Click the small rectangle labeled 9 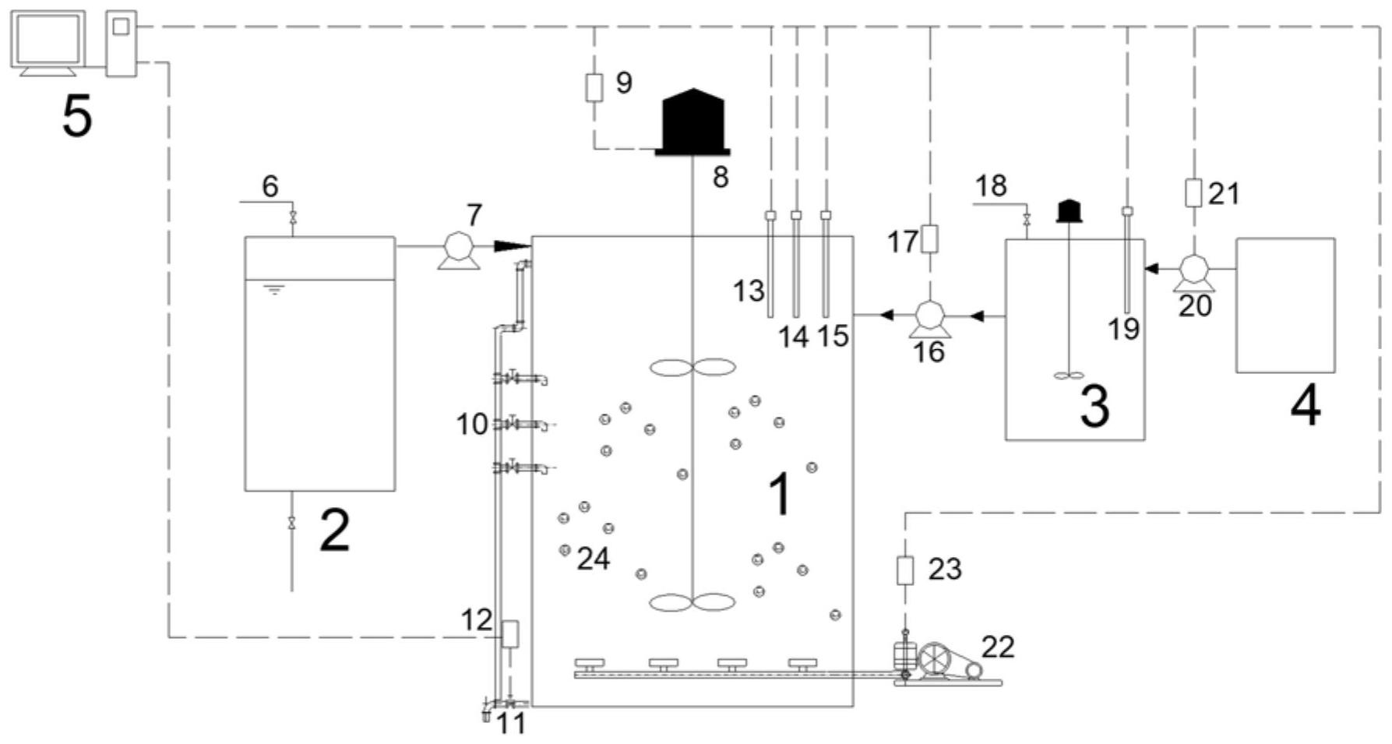click(594, 87)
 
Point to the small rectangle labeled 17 click(929, 238)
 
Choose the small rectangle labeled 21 click(1193, 192)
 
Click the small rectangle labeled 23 click(904, 570)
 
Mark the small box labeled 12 click(510, 633)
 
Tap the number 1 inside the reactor click(780, 494)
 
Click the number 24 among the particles click(594, 559)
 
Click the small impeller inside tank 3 click(1069, 376)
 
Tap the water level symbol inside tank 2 click(273, 291)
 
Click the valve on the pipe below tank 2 click(292, 522)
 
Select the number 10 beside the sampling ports click(472, 425)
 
